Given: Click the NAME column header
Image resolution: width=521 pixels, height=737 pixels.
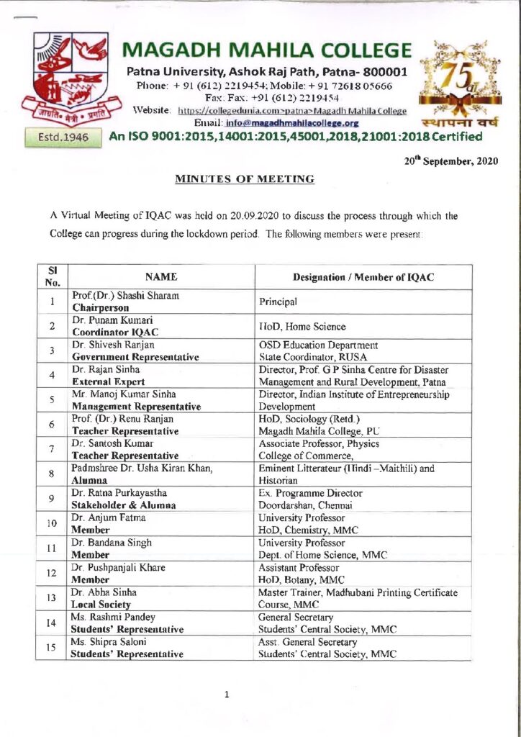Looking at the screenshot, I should [161, 277].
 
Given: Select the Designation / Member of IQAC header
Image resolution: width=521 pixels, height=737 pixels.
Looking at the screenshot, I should [363, 277].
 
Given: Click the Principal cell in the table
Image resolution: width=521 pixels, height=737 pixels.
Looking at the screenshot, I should [278, 302].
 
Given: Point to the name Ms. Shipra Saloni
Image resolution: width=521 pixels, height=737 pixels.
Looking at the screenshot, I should [107, 642].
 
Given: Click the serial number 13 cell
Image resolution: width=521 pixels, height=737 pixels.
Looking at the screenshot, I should [53, 597].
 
